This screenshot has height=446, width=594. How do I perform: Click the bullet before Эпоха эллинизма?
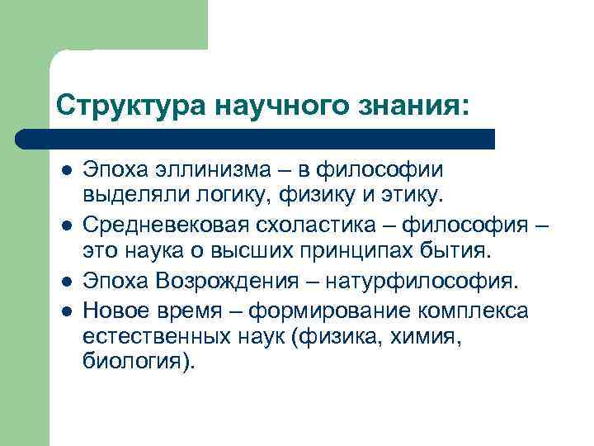(65, 169)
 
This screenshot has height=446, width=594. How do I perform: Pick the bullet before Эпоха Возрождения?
(65, 282)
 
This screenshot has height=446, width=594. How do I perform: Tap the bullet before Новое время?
(65, 311)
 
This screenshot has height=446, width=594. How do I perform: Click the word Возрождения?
(233, 282)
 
